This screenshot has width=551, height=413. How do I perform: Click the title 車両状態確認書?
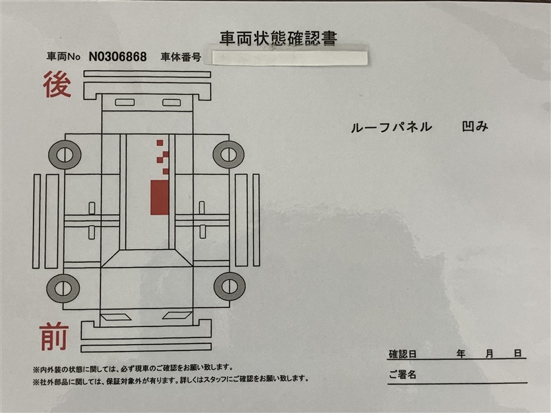[278, 39]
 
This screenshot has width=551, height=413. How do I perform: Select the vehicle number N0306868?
[118, 56]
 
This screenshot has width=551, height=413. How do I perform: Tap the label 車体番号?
[180, 57]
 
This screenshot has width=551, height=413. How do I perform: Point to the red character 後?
[57, 84]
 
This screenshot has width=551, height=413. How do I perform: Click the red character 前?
[54, 337]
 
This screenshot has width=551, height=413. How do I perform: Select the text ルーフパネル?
[391, 127]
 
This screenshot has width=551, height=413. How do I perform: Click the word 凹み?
[475, 127]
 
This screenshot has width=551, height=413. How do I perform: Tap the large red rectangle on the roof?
[160, 198]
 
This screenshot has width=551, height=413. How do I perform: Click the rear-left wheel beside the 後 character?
[65, 154]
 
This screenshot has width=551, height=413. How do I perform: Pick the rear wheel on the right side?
[229, 154]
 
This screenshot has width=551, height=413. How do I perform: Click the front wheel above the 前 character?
[63, 288]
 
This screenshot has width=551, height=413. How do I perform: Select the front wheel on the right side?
[229, 286]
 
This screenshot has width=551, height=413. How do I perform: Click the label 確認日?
[402, 354]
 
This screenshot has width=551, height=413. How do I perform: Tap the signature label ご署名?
[402, 374]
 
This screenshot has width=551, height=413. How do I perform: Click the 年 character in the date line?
[461, 354]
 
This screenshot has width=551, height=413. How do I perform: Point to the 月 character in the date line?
[490, 354]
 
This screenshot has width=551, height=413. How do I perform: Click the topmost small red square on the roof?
[160, 142]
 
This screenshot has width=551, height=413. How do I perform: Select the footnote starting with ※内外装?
[133, 368]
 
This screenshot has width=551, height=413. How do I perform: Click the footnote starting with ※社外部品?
[171, 379]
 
